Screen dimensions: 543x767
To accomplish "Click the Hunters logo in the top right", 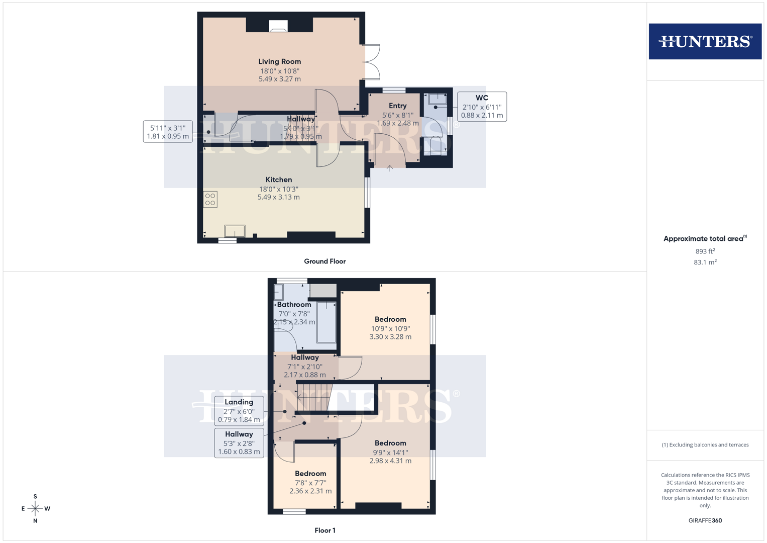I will tap(705, 41).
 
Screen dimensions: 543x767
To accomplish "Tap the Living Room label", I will tap(280, 62).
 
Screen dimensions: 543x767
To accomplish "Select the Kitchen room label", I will tap(279, 180).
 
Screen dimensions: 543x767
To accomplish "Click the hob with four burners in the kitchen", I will tap(210, 199).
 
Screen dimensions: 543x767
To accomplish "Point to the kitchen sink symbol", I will tap(235, 231).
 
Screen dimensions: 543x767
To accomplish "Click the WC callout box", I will tap(482, 107).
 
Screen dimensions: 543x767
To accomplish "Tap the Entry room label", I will tap(397, 106).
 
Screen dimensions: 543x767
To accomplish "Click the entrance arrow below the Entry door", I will tap(390, 169).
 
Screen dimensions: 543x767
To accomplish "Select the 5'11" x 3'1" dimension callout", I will tap(168, 132).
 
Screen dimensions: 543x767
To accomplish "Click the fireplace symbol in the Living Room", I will tap(278, 26).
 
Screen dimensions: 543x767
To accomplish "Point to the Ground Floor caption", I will tap(324, 261).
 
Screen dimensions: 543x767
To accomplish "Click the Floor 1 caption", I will tap(325, 530).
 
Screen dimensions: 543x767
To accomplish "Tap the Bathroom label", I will tap(294, 305).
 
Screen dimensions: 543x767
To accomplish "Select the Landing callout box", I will tap(239, 411).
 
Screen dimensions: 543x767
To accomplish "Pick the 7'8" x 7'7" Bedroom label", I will tap(310, 474).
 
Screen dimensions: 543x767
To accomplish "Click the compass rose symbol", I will tap(35, 509).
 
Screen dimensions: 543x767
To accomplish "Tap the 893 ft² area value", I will tap(705, 251).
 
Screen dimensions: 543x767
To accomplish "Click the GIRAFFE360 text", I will tap(705, 521).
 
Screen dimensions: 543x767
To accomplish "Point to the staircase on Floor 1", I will tap(314, 397).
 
